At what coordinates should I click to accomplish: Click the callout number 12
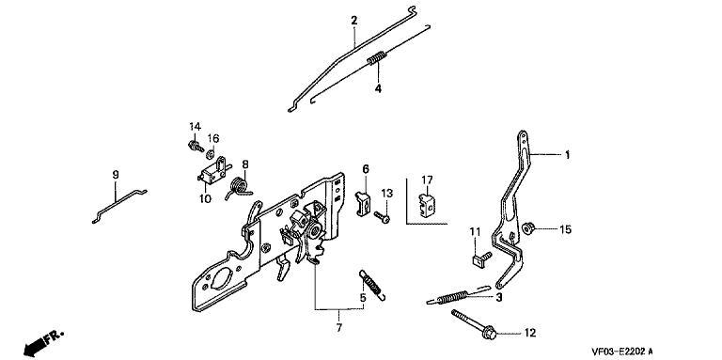click(530, 333)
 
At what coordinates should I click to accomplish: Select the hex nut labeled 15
click(529, 227)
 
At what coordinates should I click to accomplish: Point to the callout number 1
click(567, 155)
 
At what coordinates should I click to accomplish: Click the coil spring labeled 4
click(378, 58)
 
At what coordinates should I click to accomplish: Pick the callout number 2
click(353, 21)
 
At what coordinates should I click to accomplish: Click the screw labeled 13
click(383, 217)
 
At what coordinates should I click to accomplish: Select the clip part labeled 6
click(362, 202)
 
